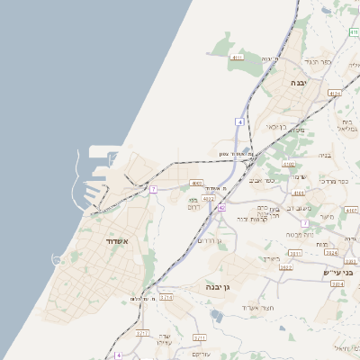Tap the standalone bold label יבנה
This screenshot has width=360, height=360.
tap(298, 82)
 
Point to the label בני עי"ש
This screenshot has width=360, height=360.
tap(339, 271)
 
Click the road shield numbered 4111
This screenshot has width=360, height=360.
tap(237, 58)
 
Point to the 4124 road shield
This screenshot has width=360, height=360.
tap(335, 93)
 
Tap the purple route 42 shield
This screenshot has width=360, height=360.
tap(221, 208)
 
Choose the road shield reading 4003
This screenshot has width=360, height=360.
tap(197, 183)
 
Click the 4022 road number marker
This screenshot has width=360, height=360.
tap(209, 197)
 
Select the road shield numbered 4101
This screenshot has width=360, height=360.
tap(300, 193)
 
